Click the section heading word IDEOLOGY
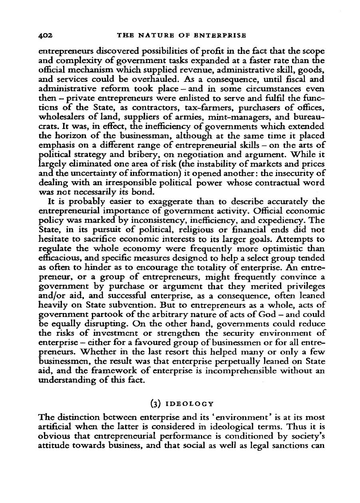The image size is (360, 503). tap(191, 404)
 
